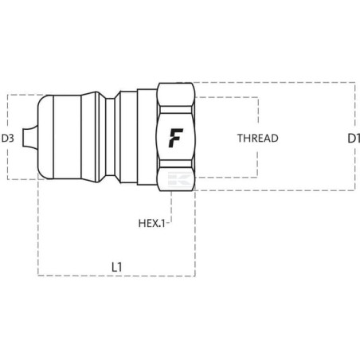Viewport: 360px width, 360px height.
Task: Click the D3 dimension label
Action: (x=8, y=139)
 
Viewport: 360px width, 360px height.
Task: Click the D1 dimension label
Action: (x=354, y=139)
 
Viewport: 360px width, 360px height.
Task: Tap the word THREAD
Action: (x=257, y=138)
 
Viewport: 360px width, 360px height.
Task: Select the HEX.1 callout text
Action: (x=151, y=223)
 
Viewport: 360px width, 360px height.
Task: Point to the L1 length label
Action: (x=117, y=267)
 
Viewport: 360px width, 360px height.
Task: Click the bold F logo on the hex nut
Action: (x=176, y=138)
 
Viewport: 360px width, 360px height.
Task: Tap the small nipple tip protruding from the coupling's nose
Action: (x=30, y=137)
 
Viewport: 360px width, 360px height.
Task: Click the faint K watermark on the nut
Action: (x=180, y=179)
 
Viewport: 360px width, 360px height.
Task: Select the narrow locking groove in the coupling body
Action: (x=110, y=137)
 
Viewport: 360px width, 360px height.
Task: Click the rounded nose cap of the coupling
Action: (x=45, y=137)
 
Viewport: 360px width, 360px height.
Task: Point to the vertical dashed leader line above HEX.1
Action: (x=171, y=206)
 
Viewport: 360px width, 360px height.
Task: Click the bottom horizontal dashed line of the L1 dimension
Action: (x=117, y=276)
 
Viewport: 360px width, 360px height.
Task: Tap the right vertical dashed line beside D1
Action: (x=355, y=136)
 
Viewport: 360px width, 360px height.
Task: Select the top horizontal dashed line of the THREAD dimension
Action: (x=227, y=98)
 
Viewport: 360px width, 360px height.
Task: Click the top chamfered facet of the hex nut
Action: (x=176, y=95)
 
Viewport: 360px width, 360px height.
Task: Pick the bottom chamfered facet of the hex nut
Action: (x=176, y=176)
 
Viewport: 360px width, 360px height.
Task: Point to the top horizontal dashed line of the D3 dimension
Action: (x=25, y=95)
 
